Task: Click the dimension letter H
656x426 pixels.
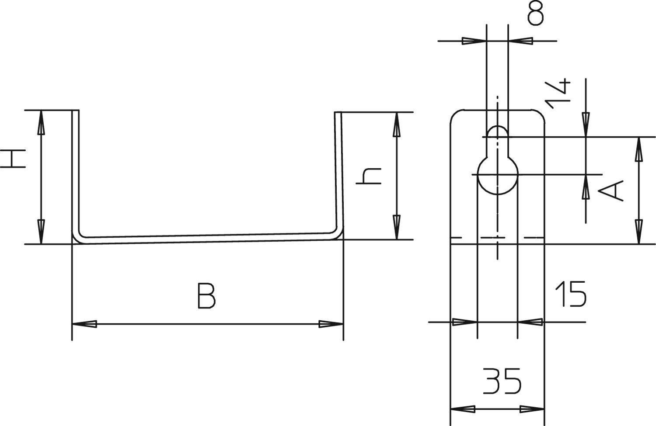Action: (x=13, y=159)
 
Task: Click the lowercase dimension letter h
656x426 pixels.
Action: (x=369, y=176)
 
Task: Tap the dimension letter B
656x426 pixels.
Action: (x=206, y=296)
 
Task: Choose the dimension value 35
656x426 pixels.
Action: (x=502, y=381)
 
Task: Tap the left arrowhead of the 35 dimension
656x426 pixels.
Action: (x=463, y=410)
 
